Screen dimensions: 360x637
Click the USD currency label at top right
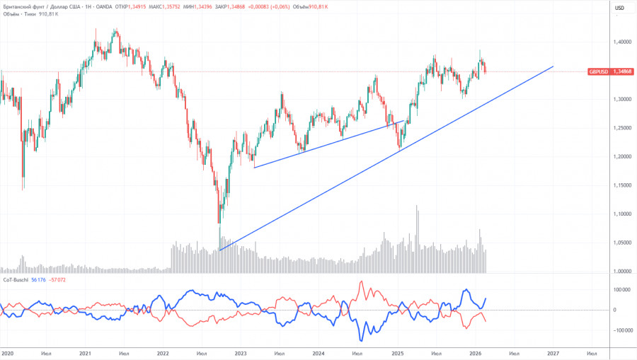[x=619, y=8]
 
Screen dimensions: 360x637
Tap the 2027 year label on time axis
[x=552, y=353]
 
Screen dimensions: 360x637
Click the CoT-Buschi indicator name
[x=16, y=279]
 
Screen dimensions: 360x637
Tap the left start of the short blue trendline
[x=254, y=167]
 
